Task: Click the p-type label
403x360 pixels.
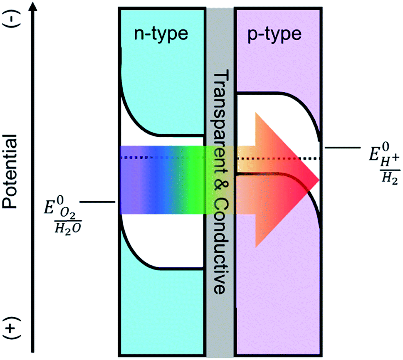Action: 278,34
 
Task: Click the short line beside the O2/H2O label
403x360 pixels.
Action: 97,202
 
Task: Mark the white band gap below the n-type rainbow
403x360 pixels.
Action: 166,241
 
